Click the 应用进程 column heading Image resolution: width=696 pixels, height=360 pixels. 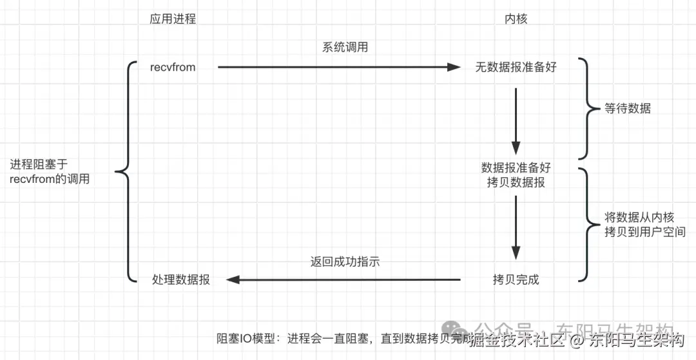click(x=172, y=19)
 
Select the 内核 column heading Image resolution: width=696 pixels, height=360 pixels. click(x=516, y=19)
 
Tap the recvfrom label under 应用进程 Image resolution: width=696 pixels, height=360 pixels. click(x=172, y=67)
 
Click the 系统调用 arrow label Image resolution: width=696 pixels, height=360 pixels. click(x=345, y=47)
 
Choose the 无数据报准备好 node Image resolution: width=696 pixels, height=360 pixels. click(x=516, y=67)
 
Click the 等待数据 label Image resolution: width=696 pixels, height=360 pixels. click(x=628, y=108)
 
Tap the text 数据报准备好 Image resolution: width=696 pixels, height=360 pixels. click(x=516, y=167)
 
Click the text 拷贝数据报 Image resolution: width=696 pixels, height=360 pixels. click(x=516, y=182)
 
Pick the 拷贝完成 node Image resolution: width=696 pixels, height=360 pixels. click(x=516, y=279)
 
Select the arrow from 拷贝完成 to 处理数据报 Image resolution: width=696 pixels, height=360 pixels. click(x=342, y=279)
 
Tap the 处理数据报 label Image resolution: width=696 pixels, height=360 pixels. click(x=181, y=279)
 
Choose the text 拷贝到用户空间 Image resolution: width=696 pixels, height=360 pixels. click(x=645, y=232)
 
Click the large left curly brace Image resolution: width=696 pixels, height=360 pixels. click(x=126, y=172)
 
